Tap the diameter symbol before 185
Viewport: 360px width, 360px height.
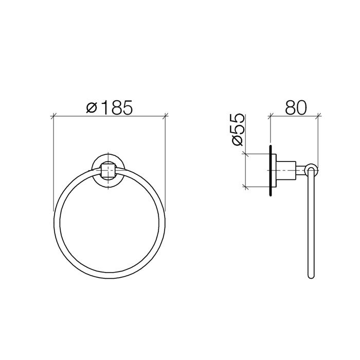point(91,108)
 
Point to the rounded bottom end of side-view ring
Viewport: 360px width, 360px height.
point(311,277)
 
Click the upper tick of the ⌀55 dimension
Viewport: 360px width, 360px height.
point(247,153)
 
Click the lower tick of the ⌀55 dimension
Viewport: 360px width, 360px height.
point(247,186)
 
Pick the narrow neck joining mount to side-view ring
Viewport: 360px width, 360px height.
point(303,170)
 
